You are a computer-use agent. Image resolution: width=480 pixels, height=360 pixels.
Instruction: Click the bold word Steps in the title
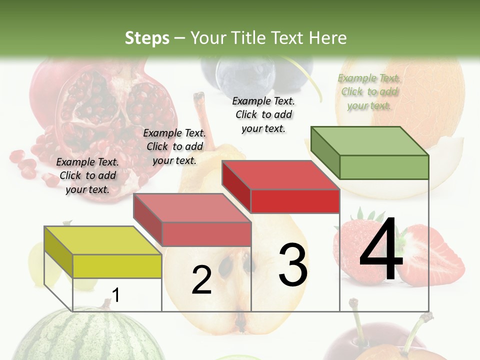147,38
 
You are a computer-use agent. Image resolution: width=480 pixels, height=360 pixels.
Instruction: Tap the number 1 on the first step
115,295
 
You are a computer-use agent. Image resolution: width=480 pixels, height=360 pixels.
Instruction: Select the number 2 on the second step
201,280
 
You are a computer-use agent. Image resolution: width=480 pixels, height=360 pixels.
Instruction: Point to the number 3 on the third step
292,265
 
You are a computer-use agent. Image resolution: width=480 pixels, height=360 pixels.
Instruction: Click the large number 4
381,249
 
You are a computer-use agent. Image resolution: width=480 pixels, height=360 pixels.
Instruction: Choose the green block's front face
384,167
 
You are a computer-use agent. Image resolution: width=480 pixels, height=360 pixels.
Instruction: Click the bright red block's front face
295,201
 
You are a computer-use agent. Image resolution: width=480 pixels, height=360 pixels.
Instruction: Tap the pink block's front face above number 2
206,234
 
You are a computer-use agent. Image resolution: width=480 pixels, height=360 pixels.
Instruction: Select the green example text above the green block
369,92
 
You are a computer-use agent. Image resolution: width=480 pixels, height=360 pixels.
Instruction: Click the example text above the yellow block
87,176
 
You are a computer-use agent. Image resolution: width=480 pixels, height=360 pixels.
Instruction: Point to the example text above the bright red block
263,114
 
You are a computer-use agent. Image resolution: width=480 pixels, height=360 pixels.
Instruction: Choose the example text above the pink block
174,146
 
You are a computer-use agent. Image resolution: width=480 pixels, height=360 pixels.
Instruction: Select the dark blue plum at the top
240,75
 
